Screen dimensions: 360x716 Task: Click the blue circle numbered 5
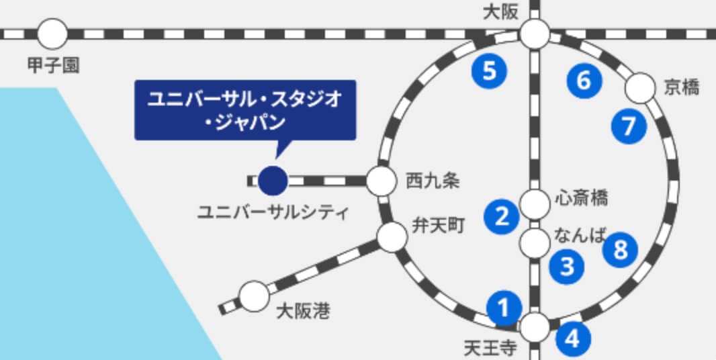click(x=489, y=71)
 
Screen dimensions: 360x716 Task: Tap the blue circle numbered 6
click(x=584, y=81)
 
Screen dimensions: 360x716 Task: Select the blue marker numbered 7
click(x=629, y=126)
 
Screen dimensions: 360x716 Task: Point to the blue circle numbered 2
click(x=502, y=216)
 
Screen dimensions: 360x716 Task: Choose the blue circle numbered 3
click(x=567, y=266)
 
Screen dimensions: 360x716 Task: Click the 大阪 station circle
click(x=535, y=34)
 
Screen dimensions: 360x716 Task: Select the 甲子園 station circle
click(x=52, y=33)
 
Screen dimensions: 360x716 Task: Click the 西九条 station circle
click(x=381, y=180)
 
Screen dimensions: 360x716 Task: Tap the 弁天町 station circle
click(x=390, y=237)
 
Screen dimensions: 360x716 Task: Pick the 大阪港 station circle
click(x=254, y=296)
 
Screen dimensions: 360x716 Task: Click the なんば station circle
click(x=535, y=242)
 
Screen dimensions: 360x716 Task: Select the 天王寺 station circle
click(x=535, y=327)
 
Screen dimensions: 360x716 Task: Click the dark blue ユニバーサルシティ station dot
click(x=273, y=180)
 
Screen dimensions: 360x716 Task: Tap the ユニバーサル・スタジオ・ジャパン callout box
click(x=244, y=110)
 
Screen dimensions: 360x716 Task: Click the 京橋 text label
click(x=681, y=87)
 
